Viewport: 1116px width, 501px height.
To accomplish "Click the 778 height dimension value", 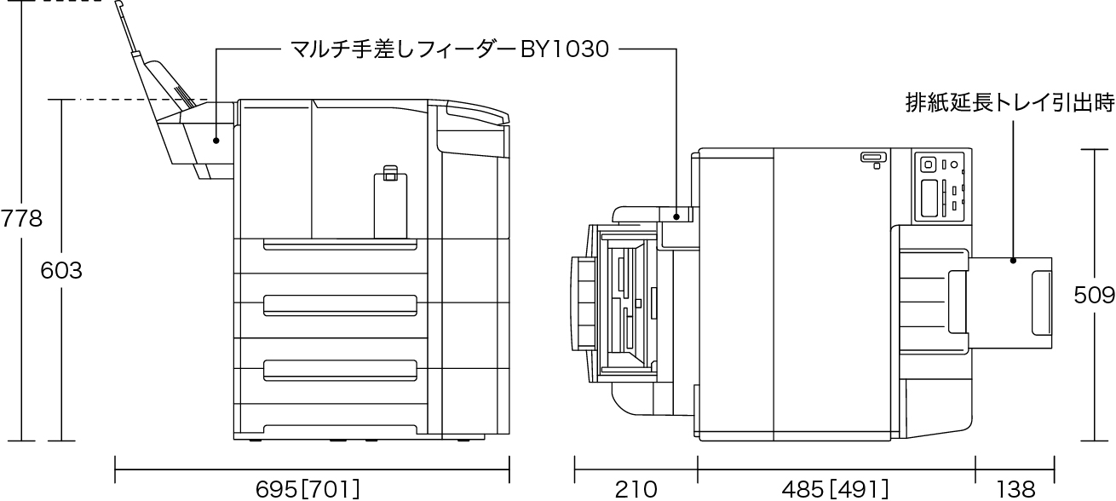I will (x=21, y=219).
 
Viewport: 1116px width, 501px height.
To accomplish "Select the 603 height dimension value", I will (x=61, y=271).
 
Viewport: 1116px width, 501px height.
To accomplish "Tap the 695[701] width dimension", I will (x=308, y=488).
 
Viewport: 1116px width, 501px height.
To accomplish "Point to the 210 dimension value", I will (x=636, y=488).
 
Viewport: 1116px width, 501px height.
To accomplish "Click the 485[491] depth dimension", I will (x=835, y=488).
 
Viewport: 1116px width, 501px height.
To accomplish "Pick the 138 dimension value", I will (x=1015, y=488).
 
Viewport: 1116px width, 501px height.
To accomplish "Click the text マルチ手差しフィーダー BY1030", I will (x=450, y=49).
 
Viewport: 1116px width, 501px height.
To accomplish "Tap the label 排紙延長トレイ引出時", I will (x=1010, y=104).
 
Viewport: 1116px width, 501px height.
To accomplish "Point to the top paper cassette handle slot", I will (x=340, y=245).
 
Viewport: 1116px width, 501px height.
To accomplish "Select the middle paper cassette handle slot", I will (x=340, y=302).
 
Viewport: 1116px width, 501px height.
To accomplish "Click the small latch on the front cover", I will (x=389, y=172).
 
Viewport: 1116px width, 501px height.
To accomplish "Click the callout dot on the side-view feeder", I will (x=216, y=141).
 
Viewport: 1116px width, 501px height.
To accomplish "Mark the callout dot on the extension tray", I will (x=1013, y=260).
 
